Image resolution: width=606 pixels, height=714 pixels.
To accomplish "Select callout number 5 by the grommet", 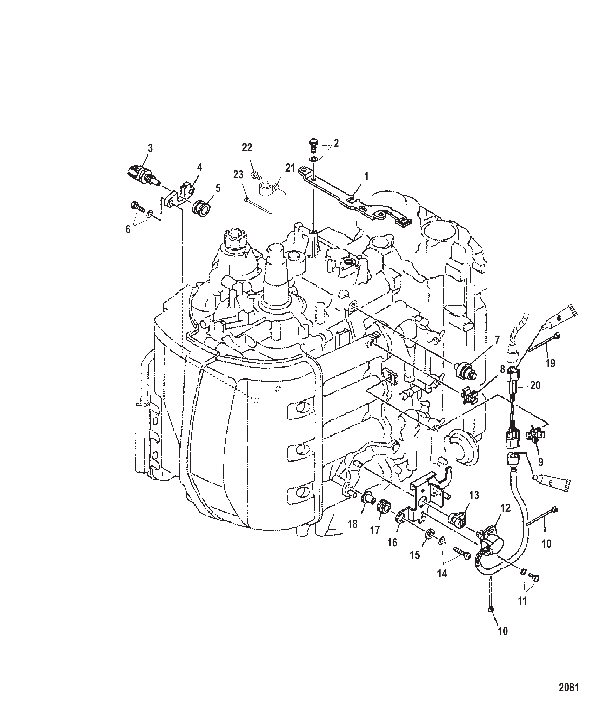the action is [x=218, y=188].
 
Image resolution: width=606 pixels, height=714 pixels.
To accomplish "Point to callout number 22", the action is [x=247, y=148].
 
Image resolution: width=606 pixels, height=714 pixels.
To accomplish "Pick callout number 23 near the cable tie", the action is [x=238, y=175].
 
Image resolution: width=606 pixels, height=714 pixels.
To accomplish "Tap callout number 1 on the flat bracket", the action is [x=366, y=177].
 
